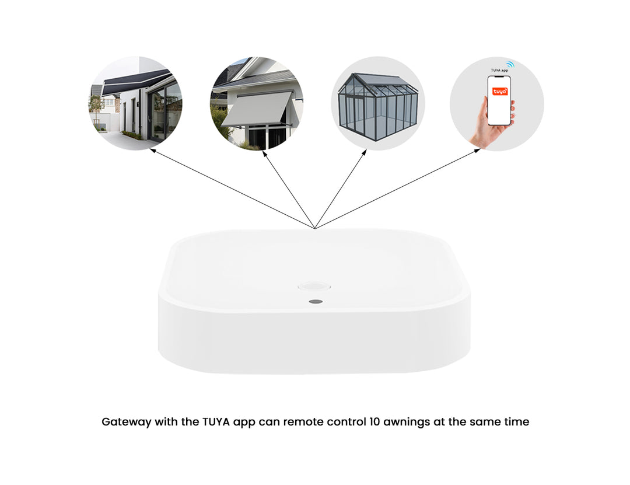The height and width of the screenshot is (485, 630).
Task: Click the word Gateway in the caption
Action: (x=125, y=422)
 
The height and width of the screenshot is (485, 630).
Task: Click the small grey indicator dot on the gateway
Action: (x=316, y=302)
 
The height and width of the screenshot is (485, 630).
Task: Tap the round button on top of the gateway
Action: (x=314, y=287)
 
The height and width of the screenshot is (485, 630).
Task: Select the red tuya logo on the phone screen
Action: (x=499, y=92)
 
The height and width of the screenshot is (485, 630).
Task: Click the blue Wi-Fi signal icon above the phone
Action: (x=510, y=64)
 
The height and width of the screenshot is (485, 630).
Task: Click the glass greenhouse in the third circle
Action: (x=378, y=105)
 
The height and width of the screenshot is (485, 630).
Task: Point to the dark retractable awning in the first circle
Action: (x=135, y=82)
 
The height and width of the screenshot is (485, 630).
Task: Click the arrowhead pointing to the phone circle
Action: (x=478, y=150)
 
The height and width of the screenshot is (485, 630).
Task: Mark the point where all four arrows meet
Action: (x=315, y=228)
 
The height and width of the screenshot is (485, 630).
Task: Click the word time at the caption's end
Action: (x=516, y=422)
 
